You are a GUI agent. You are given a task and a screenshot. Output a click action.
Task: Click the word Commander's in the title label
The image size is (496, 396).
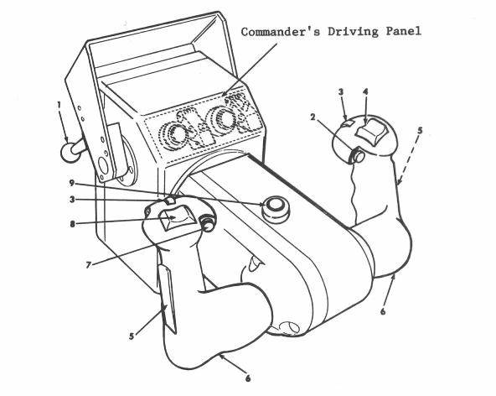click(x=281, y=32)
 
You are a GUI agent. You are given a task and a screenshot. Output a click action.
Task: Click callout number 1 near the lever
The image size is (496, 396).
click(x=59, y=105)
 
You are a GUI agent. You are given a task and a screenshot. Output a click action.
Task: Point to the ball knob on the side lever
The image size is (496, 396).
click(x=69, y=153)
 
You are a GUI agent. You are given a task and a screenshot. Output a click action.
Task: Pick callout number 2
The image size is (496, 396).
click(x=313, y=117)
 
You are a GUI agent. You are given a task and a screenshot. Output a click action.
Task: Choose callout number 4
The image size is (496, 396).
click(x=365, y=92)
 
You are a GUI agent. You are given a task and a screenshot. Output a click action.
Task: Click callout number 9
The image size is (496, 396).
click(x=72, y=183)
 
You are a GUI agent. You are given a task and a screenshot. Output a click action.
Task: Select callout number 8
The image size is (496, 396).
click(x=72, y=224)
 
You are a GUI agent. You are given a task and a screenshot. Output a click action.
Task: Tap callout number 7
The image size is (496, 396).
click(x=89, y=264)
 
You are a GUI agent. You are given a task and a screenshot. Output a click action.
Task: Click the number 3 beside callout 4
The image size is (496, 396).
click(x=341, y=92)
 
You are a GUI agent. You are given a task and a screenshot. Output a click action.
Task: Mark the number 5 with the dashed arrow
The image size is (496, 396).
click(x=420, y=130)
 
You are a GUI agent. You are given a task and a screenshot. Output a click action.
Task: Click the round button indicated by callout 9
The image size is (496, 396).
click(x=275, y=208)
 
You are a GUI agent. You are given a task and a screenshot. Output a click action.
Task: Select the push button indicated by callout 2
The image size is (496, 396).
click(x=359, y=156)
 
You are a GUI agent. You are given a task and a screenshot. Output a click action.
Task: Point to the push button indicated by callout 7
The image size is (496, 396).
click(x=207, y=224)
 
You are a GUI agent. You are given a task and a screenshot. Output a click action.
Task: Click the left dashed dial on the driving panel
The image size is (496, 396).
click(x=173, y=135)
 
